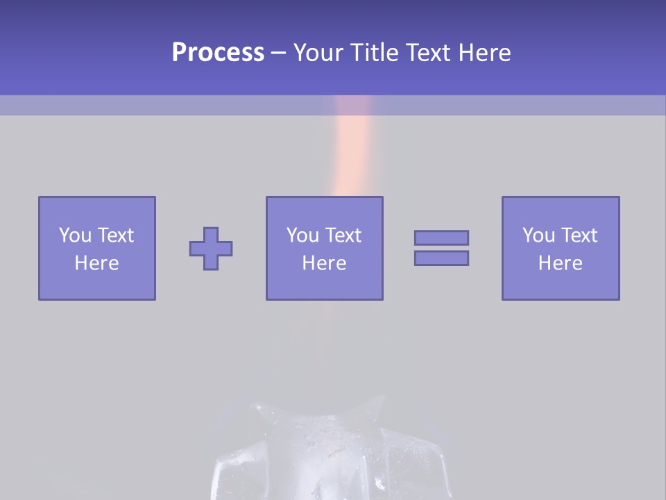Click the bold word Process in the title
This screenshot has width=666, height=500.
coord(218,53)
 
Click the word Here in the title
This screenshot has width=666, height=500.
coord(485,53)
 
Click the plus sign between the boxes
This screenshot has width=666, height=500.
coord(211,249)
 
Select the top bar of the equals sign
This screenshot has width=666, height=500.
coord(441,237)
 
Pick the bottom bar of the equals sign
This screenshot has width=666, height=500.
coord(441,258)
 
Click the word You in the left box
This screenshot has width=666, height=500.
coord(74,235)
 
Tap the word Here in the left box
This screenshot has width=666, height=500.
coord(96,263)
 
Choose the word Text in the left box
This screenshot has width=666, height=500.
coord(114,235)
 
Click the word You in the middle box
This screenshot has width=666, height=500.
coord(302,235)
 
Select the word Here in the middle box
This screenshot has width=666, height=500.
coord(324,263)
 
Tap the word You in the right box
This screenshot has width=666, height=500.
coord(538,235)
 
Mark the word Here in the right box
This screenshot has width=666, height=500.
coord(560,263)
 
